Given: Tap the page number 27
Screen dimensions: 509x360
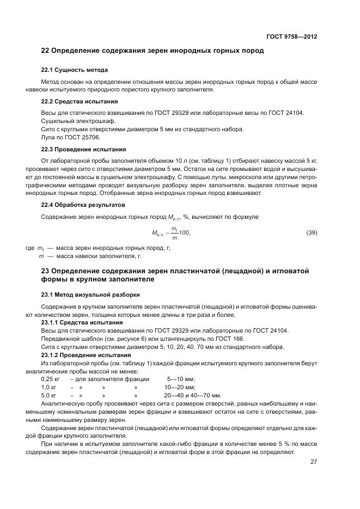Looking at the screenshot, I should [x=314, y=462].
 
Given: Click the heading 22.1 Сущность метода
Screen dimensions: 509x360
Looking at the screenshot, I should [x=75, y=70].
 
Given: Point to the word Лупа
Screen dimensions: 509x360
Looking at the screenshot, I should [x=48, y=138].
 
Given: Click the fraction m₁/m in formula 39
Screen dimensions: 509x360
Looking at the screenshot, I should [x=174, y=232].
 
